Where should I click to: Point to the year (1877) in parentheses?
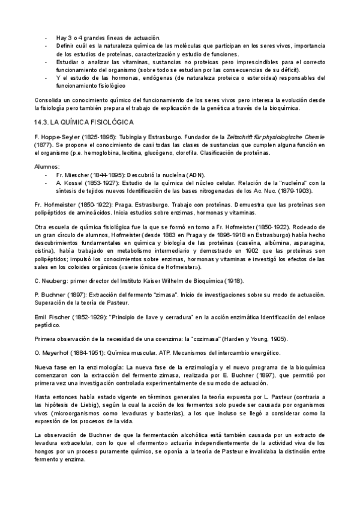tap(43, 146)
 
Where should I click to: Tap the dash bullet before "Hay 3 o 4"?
tap(47, 38)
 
